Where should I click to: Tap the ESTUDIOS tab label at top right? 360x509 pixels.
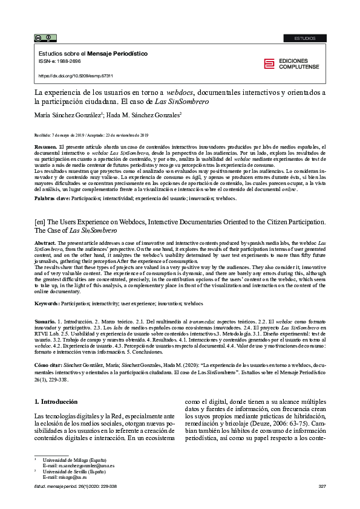304,38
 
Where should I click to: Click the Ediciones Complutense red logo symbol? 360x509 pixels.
268,64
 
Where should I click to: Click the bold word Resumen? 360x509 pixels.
45,147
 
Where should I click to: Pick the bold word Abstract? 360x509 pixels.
46,242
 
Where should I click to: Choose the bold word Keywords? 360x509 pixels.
48,303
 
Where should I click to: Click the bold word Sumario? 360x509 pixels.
45,324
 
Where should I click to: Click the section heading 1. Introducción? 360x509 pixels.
56,401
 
